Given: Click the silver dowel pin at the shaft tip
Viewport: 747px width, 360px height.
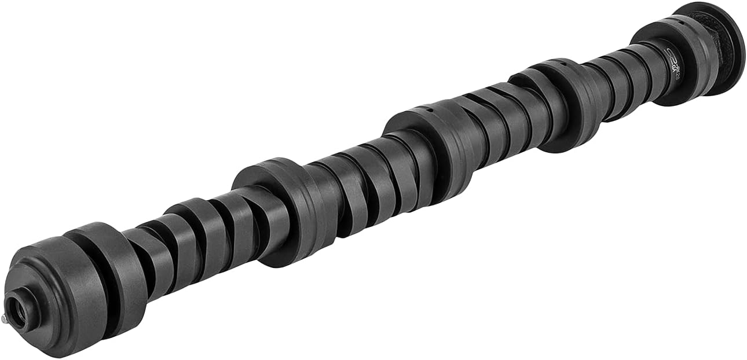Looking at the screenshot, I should click(3, 318).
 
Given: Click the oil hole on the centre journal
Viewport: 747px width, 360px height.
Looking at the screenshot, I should click(427, 108).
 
